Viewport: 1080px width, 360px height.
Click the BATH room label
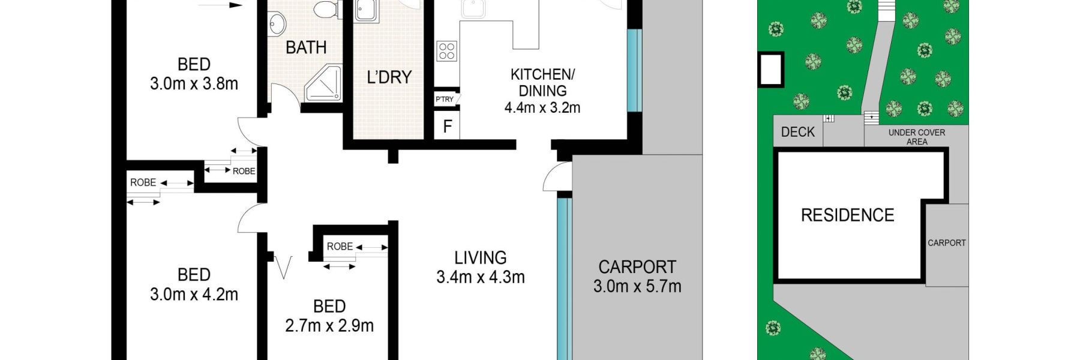tap(306, 47)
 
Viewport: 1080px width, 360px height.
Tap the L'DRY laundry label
tap(389, 77)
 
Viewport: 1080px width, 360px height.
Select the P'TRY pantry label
tap(445, 99)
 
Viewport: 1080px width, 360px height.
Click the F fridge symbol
tap(448, 127)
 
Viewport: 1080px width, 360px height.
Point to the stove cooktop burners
tap(446, 51)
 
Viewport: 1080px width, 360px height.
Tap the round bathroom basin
tap(277, 25)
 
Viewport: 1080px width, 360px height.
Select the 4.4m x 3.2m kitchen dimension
tap(542, 108)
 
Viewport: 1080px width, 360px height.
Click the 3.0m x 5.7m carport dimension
tap(637, 287)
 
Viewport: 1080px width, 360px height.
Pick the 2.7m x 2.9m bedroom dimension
tap(329, 326)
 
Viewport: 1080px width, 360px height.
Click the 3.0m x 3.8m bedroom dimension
tap(194, 84)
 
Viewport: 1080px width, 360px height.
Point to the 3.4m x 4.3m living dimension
tap(481, 277)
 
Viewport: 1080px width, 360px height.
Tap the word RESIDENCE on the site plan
tap(848, 215)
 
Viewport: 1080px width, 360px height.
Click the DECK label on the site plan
tap(798, 132)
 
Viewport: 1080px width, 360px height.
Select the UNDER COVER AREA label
tap(917, 137)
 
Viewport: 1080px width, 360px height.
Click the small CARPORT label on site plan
tap(947, 243)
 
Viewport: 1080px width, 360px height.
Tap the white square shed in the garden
tap(771, 70)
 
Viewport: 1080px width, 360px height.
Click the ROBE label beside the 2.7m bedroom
tap(340, 247)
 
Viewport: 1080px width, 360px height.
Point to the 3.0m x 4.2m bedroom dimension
tap(194, 295)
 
